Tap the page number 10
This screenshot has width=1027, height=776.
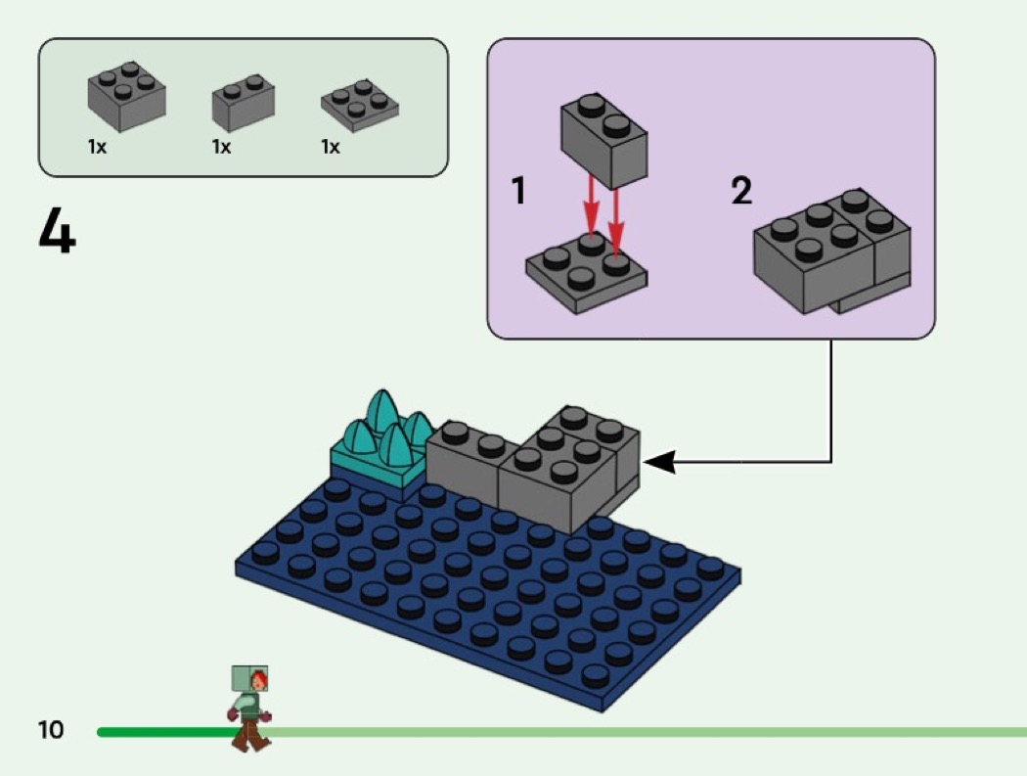point(51,729)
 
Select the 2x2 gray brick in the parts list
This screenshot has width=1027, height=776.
point(126,98)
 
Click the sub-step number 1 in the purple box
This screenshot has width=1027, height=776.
point(519,191)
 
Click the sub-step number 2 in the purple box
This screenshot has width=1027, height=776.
point(742,191)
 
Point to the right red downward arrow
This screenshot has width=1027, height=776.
point(616,215)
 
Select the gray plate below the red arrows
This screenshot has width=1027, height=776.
point(585,276)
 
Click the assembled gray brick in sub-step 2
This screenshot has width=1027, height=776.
point(831,254)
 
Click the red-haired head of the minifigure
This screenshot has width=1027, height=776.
point(258,679)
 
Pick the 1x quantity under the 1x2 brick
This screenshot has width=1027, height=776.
point(221,148)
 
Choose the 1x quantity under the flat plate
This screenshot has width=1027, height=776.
point(331,148)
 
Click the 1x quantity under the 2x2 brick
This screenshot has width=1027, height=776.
point(97,148)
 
